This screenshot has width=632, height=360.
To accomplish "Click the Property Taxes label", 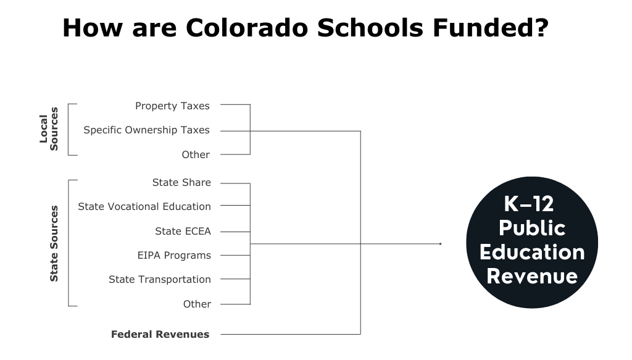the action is pyautogui.click(x=173, y=106).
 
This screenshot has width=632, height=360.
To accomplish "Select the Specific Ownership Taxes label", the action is pyautogui.click(x=147, y=130).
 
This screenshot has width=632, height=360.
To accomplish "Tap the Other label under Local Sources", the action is pyautogui.click(x=196, y=154).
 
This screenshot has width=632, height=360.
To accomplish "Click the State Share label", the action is pyautogui.click(x=181, y=183).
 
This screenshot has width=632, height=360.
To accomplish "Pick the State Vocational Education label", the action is pyautogui.click(x=144, y=206).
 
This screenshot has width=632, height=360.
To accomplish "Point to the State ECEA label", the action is pyautogui.click(x=183, y=231).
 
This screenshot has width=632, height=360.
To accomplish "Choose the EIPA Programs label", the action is pyautogui.click(x=174, y=255).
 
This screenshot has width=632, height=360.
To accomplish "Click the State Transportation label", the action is pyautogui.click(x=160, y=279).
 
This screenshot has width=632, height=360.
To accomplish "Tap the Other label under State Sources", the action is pyautogui.click(x=197, y=304).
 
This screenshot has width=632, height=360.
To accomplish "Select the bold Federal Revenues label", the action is pyautogui.click(x=160, y=334).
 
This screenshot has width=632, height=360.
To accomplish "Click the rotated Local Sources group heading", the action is pyautogui.click(x=49, y=129).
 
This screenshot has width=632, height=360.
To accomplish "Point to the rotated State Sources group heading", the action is pyautogui.click(x=54, y=243).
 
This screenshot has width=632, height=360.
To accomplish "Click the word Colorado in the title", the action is pyautogui.click(x=247, y=28).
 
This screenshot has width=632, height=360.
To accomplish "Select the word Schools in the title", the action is pyautogui.click(x=370, y=28).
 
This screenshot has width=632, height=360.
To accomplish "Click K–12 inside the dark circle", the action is pyautogui.click(x=529, y=204).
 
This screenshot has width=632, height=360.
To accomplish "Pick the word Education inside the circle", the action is pyautogui.click(x=532, y=253).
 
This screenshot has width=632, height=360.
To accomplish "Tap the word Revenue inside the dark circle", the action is pyautogui.click(x=532, y=276).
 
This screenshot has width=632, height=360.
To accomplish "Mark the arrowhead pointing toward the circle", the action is pyautogui.click(x=441, y=244).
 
